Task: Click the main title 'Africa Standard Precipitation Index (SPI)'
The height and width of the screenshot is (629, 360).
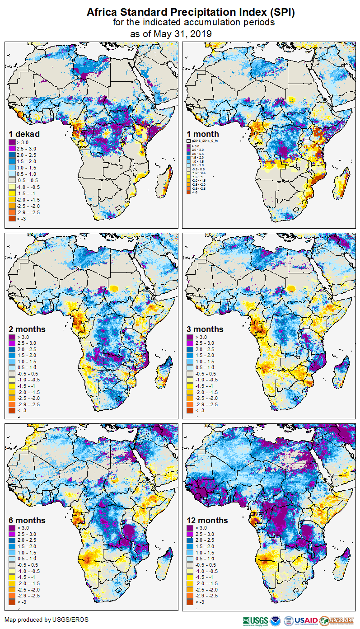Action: point(191,13)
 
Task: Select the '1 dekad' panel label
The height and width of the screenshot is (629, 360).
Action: point(24,134)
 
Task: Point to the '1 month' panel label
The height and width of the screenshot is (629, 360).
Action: point(203,134)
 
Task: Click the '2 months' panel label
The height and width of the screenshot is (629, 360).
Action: point(27,329)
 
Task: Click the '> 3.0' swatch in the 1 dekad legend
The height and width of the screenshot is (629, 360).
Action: point(12,142)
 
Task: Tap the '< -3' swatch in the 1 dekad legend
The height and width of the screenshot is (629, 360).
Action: point(12,219)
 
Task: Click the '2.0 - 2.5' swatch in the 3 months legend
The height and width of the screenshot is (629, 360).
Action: point(191,350)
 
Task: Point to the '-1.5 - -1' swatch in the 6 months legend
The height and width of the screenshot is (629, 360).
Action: point(12,577)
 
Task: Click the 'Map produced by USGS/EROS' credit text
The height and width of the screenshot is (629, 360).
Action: point(47,620)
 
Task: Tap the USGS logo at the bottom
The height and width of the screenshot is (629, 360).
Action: point(255,620)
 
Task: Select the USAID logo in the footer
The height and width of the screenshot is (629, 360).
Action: point(307,620)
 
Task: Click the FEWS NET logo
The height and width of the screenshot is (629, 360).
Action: point(337,620)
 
